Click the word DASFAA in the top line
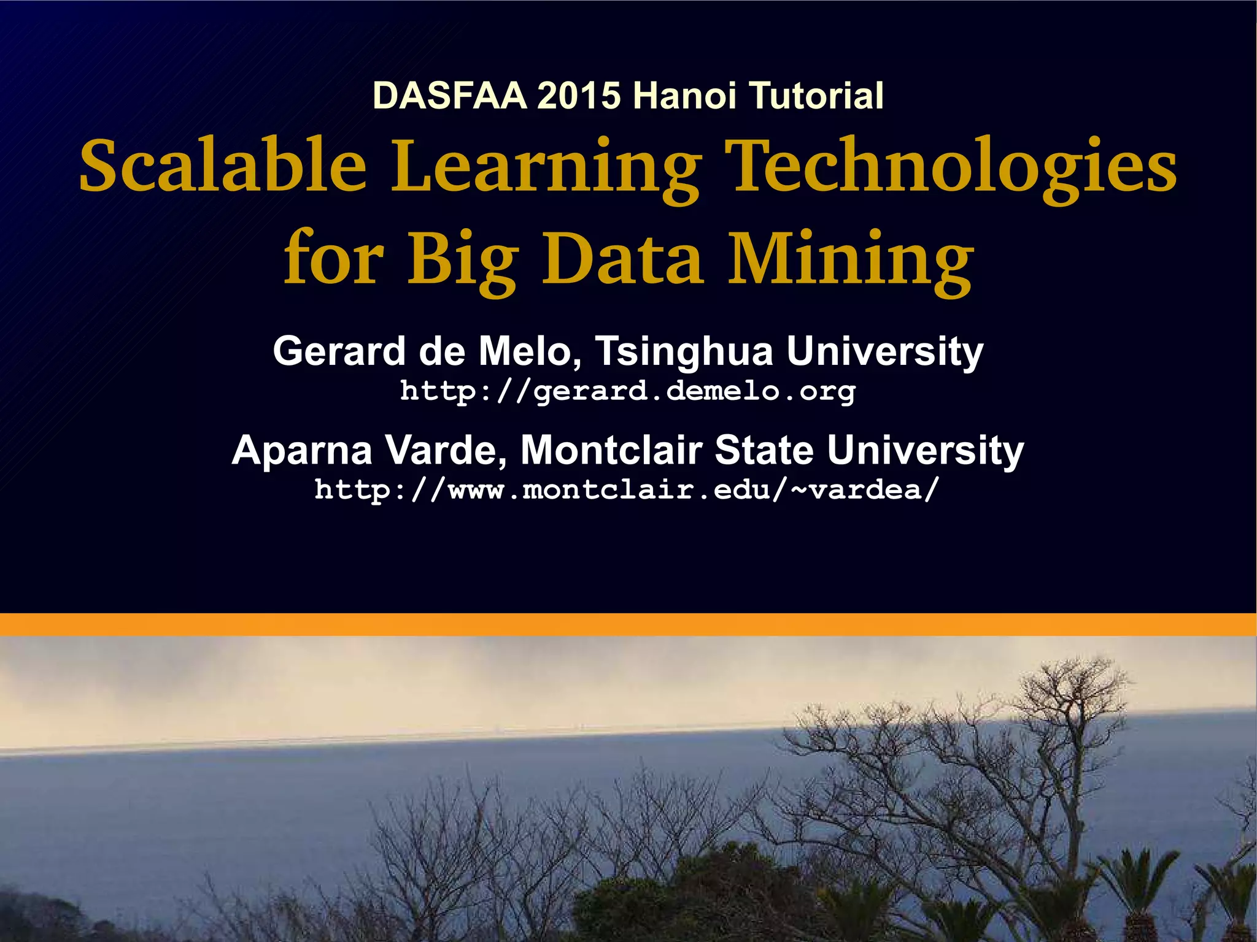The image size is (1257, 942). tap(449, 96)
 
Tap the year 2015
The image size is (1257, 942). tap(579, 96)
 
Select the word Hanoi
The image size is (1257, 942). tap(684, 96)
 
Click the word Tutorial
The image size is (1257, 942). tap(817, 96)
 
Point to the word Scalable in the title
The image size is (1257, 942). tap(223, 166)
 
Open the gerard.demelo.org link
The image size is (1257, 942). tap(627, 391)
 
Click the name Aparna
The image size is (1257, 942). tap(302, 451)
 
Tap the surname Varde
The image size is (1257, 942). tap(446, 450)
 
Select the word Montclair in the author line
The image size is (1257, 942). tap(611, 450)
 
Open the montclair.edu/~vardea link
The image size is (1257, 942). tap(627, 489)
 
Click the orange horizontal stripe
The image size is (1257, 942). tap(628, 624)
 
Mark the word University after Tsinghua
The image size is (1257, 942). tap(884, 353)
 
